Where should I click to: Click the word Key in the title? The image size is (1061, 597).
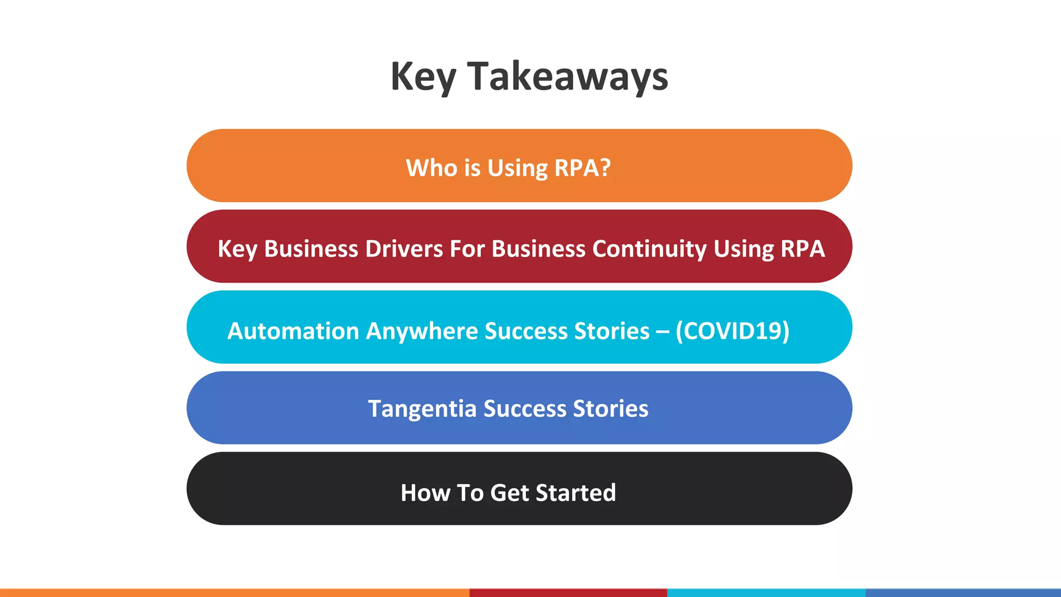tap(423, 77)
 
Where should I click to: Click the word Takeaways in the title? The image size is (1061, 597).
tap(568, 77)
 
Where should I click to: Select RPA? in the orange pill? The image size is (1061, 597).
tap(583, 168)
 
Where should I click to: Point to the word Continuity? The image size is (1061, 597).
tap(650, 249)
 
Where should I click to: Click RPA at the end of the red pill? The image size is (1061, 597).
tap(802, 249)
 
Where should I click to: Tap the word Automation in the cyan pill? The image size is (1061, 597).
tap(293, 331)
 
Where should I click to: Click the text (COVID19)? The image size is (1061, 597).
tap(732, 331)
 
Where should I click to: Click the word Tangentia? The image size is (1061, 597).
tap(422, 409)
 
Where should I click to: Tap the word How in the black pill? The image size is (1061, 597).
tap(425, 493)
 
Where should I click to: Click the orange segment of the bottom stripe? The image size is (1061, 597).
tap(233, 593)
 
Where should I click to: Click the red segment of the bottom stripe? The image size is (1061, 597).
tap(568, 593)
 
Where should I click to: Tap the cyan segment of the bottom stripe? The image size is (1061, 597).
tap(766, 593)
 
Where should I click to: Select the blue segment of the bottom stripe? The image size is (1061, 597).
tap(963, 593)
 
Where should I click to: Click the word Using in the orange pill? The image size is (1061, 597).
tap(517, 168)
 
